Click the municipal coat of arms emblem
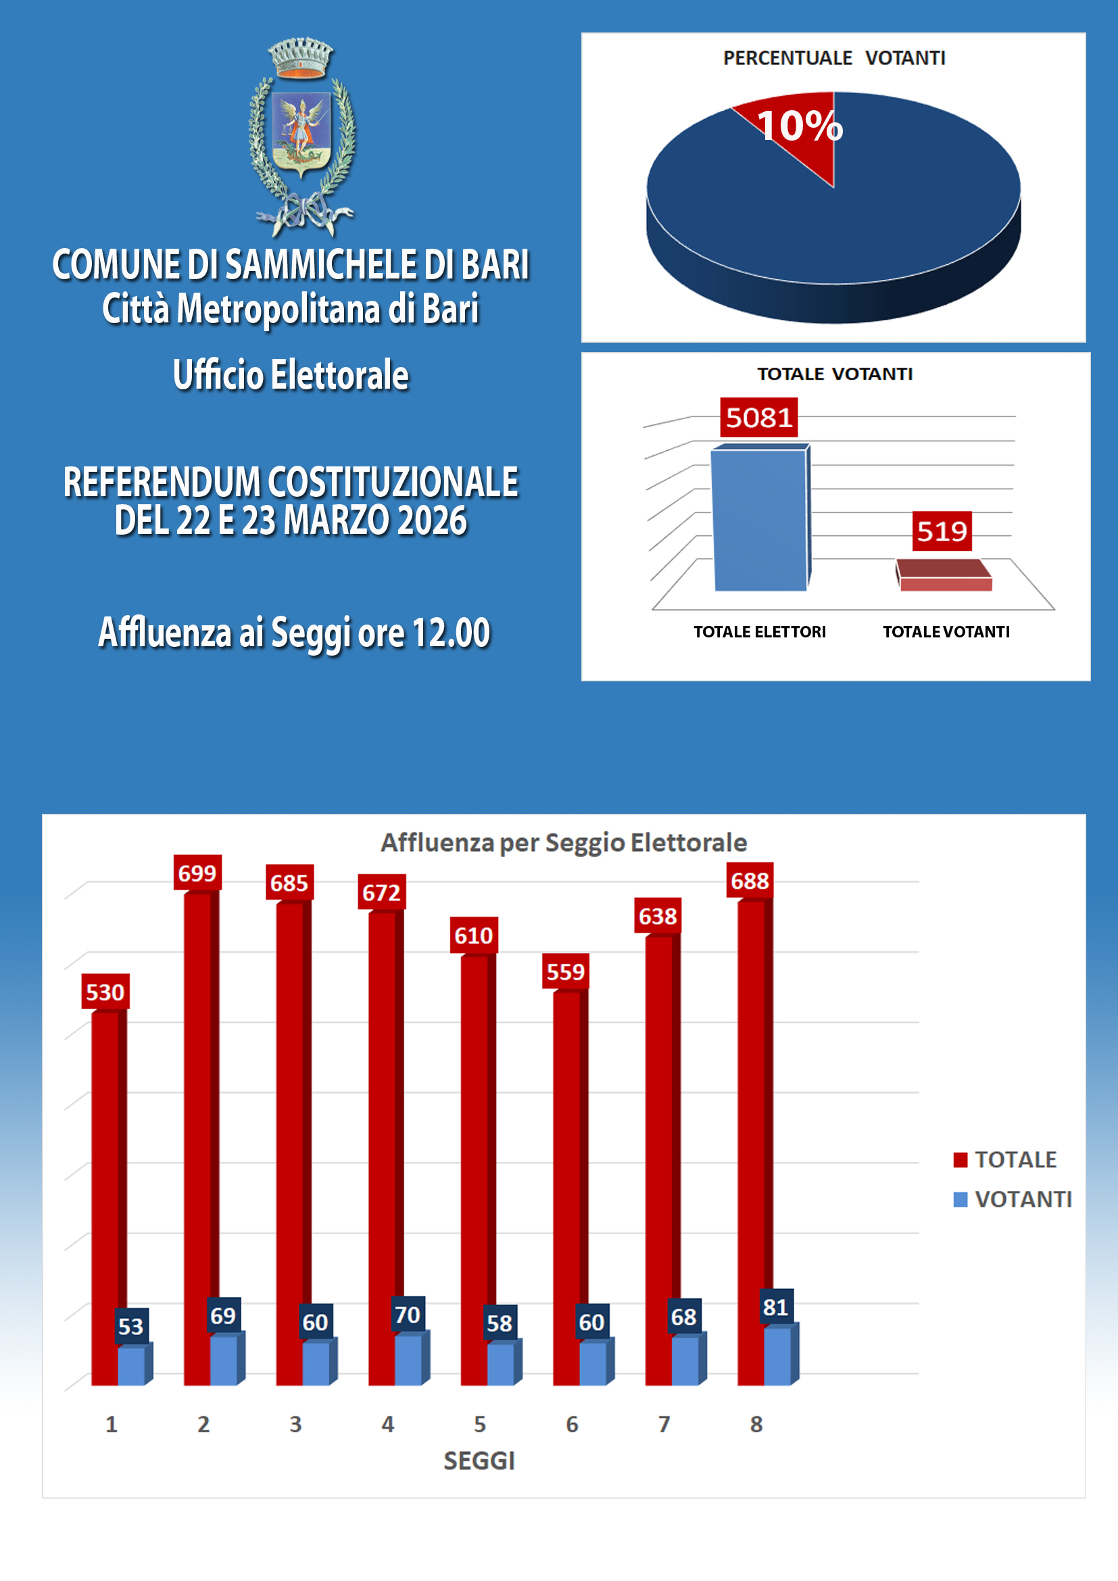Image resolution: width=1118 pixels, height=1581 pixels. pos(301,137)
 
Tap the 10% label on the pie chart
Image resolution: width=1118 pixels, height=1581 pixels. pos(799,126)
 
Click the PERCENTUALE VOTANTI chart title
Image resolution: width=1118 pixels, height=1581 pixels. pos(833,58)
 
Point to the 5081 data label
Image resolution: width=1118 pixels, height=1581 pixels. pos(758,417)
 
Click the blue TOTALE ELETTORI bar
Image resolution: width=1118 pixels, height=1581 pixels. pos(759,520)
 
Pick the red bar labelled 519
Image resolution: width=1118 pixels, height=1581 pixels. pos(944,577)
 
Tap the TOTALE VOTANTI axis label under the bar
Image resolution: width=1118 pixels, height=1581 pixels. pos(946,631)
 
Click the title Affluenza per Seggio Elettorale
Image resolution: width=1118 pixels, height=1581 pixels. pos(564,842)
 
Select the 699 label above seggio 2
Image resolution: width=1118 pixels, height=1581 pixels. pos(197,873)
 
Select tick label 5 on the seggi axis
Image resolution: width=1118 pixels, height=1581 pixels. pos(480,1424)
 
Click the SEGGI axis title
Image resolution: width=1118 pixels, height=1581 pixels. pos(479,1461)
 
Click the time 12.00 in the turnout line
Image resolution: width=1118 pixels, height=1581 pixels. pos(451,632)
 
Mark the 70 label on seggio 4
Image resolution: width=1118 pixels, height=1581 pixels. pos(408,1315)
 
